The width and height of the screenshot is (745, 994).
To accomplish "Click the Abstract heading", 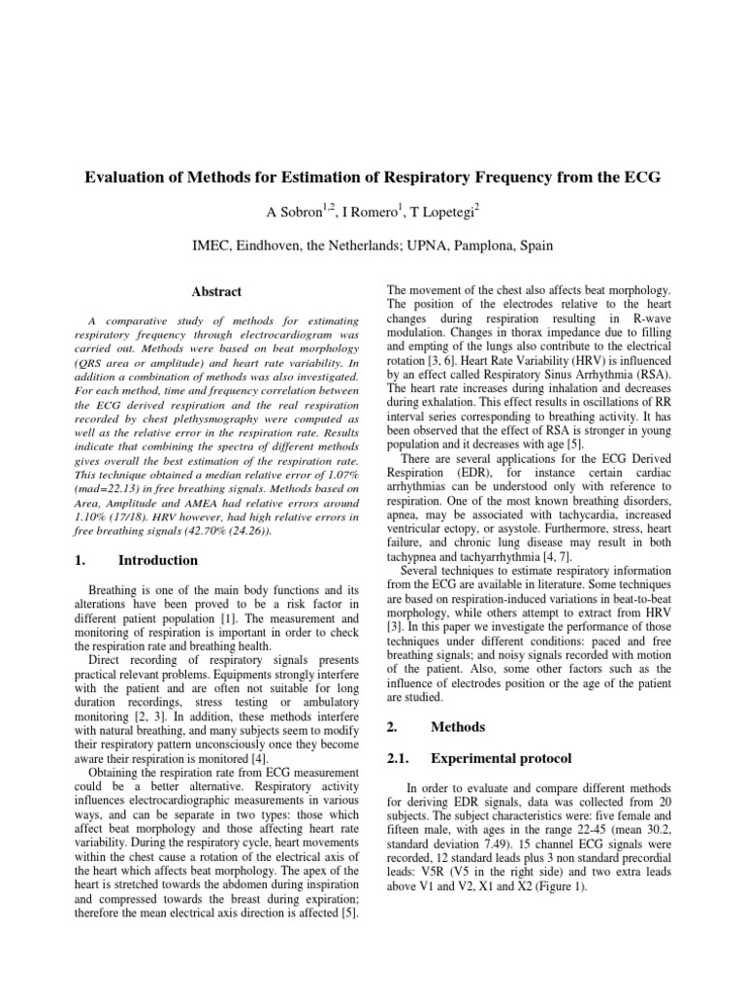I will [x=216, y=291].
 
